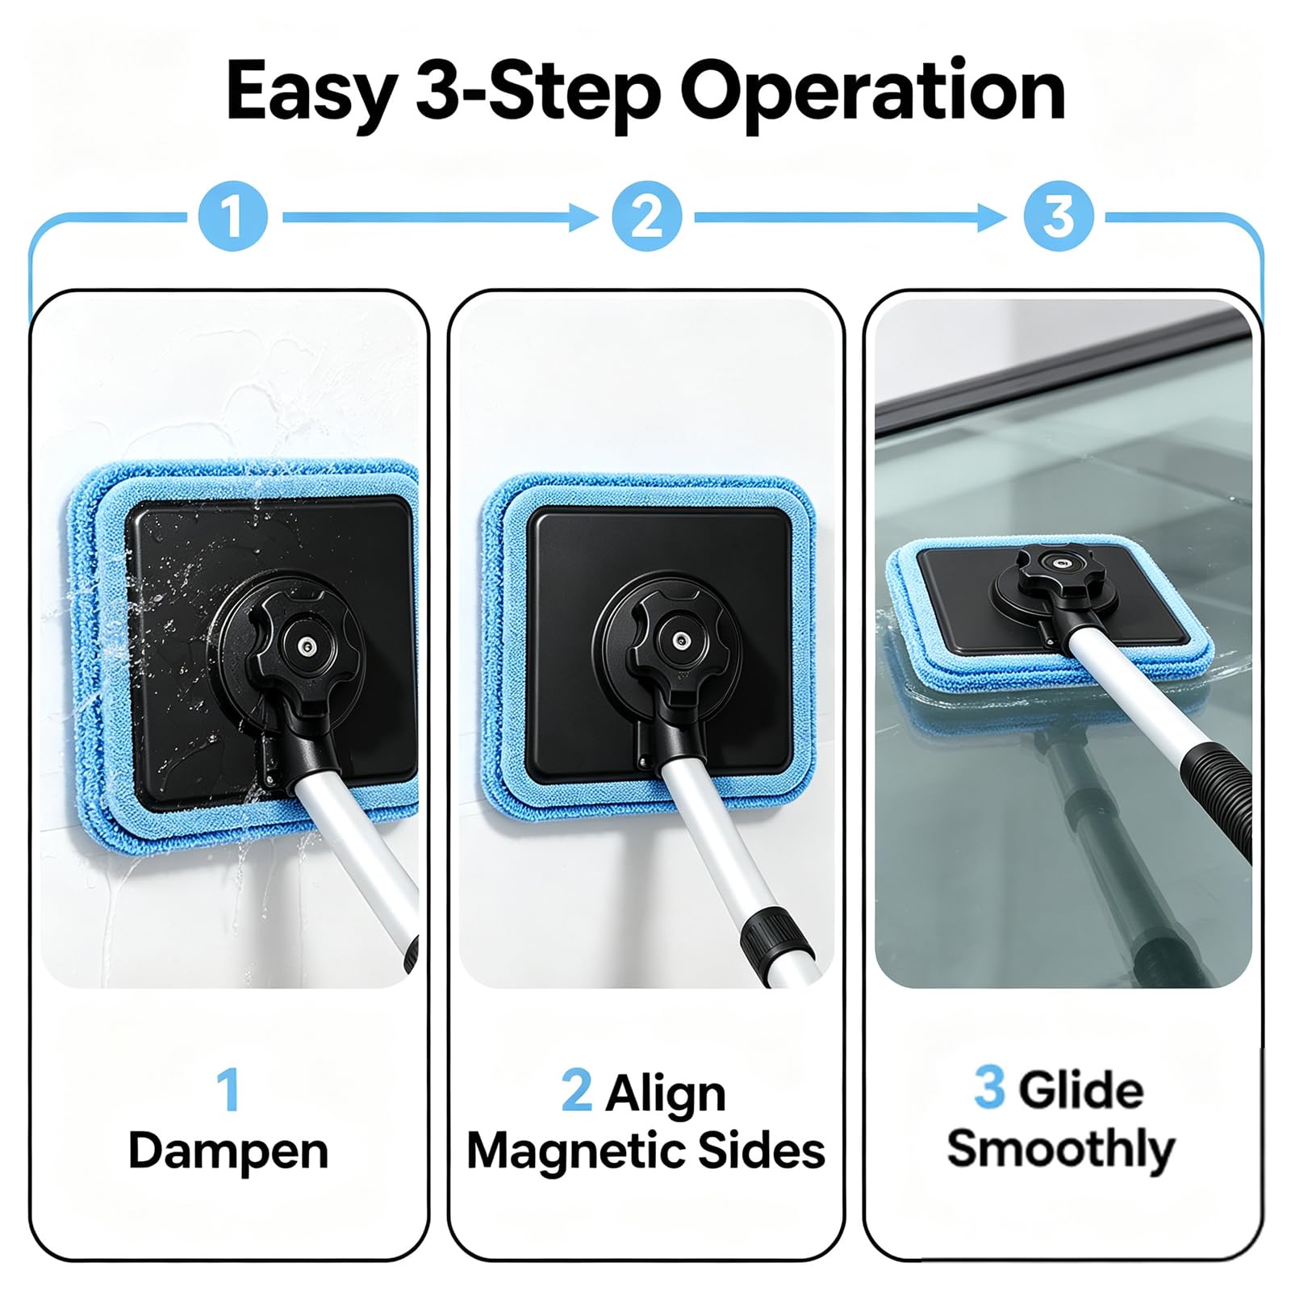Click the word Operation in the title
[872, 93]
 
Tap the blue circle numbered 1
[234, 216]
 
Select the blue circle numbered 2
[646, 216]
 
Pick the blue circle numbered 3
[1059, 216]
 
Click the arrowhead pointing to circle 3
[992, 217]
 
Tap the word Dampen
[228, 1150]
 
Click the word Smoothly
[1060, 1148]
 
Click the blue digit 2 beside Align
[576, 1091]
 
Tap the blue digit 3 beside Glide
[989, 1088]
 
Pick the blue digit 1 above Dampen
[228, 1090]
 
